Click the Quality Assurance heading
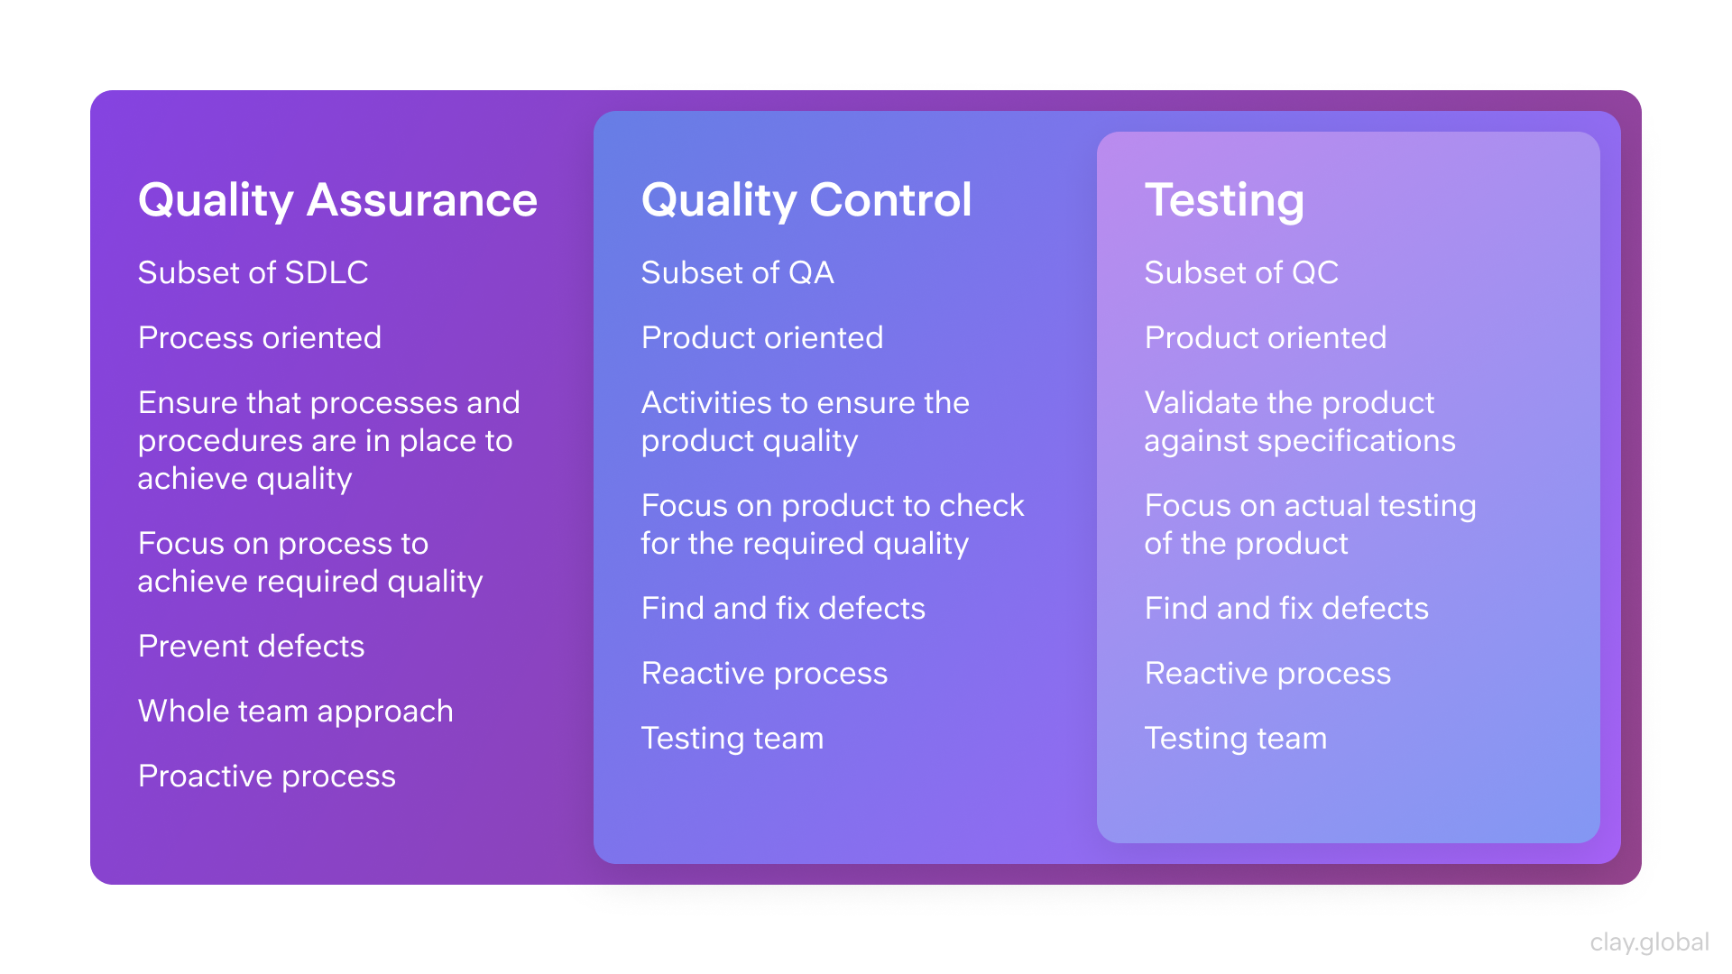337,199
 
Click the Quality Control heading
806,199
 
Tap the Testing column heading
1224,199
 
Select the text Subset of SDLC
253,272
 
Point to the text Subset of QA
737,272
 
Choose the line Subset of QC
1241,272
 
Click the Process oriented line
260,337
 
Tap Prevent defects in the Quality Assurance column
251,646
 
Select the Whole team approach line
295,711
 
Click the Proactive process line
266,776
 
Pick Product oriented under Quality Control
762,337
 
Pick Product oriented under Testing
1266,337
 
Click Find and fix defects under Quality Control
783,608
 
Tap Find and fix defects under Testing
1286,608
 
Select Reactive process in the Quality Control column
764,673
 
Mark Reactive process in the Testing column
1267,673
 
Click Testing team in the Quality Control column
732,738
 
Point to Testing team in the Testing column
1236,738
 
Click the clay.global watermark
1649,942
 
